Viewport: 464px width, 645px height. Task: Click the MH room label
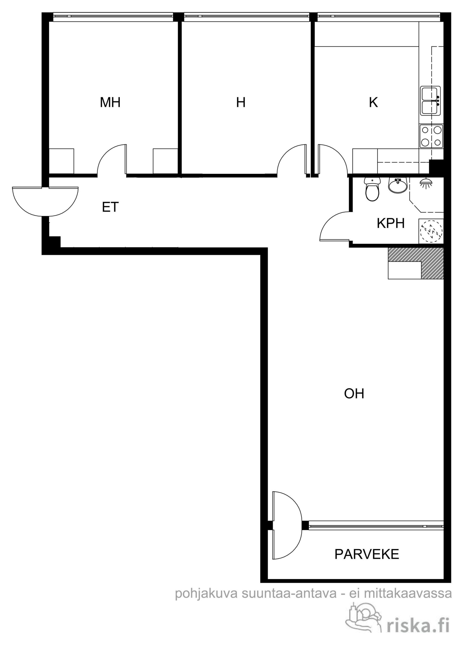(110, 102)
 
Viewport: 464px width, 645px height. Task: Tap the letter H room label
(241, 102)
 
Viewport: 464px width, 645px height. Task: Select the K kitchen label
(373, 102)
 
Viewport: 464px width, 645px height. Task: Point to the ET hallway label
(110, 207)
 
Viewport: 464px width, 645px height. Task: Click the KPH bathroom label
(390, 223)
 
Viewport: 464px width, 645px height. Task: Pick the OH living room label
(354, 394)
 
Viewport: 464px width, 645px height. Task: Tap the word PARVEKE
(367, 554)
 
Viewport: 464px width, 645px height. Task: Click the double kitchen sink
(430, 101)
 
